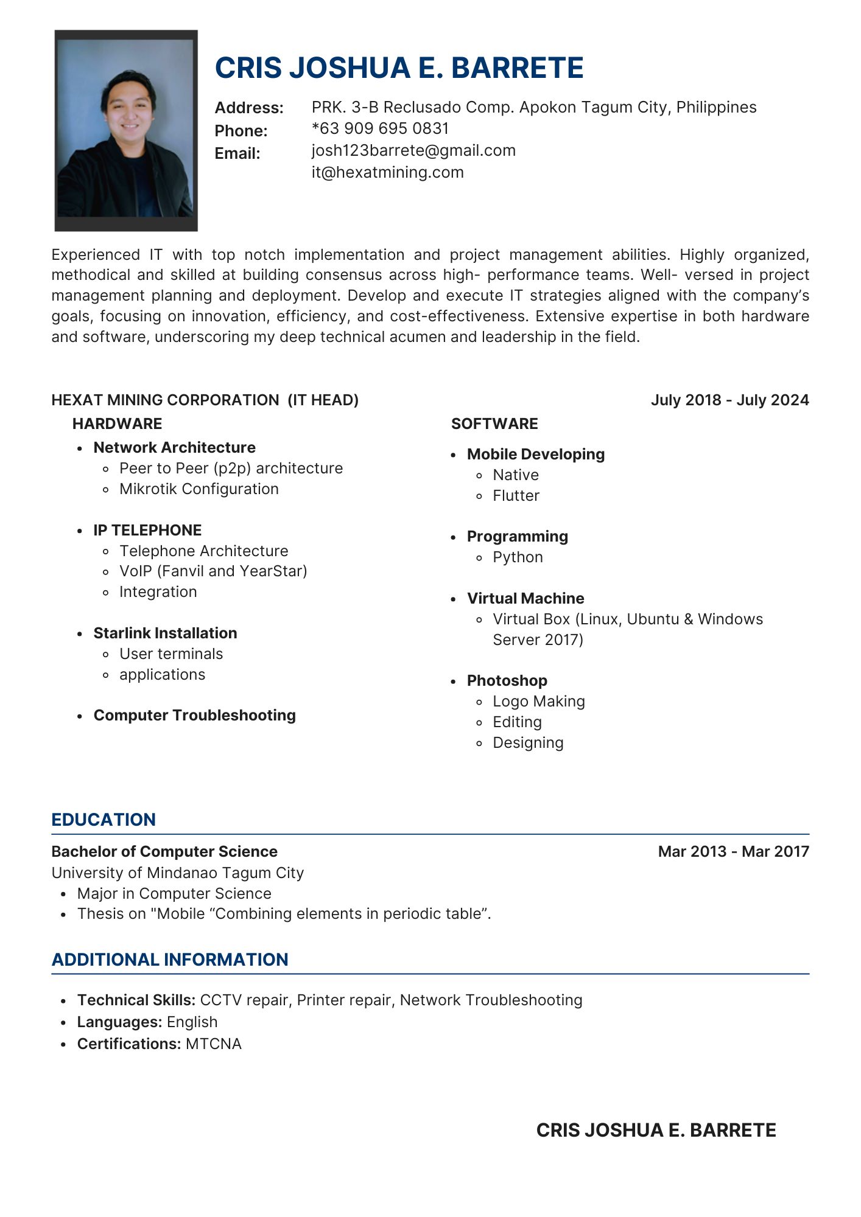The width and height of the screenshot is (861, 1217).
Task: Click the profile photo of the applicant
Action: pos(126,130)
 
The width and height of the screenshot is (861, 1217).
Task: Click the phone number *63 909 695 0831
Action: pos(380,129)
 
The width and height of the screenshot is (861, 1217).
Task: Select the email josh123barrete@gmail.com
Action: pos(413,151)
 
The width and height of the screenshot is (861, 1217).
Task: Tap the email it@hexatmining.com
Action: pos(387,173)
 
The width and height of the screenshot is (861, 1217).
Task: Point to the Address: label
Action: pos(249,108)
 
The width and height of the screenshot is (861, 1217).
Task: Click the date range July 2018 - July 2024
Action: pos(729,400)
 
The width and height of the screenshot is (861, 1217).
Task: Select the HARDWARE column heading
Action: pos(117,424)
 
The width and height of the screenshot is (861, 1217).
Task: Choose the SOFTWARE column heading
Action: pos(494,424)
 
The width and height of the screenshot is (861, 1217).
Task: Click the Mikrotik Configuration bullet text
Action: pos(199,489)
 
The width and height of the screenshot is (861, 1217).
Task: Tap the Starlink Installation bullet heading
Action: pos(165,633)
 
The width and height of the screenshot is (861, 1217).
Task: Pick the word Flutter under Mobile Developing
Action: pos(516,496)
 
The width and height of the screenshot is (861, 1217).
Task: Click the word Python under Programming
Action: pos(518,557)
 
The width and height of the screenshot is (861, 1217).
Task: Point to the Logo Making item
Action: pos(538,702)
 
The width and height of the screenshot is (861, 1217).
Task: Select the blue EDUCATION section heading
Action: pos(104,820)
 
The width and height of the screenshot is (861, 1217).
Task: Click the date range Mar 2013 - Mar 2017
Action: pos(733,852)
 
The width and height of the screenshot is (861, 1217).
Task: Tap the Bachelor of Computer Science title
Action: pos(164,852)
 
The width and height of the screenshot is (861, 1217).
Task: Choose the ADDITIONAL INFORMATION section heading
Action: pos(170,960)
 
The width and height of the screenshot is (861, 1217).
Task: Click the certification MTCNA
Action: pos(214,1044)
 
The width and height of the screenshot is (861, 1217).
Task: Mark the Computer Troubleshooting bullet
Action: pos(194,716)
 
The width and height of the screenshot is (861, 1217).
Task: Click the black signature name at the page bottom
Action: pos(656,1131)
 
